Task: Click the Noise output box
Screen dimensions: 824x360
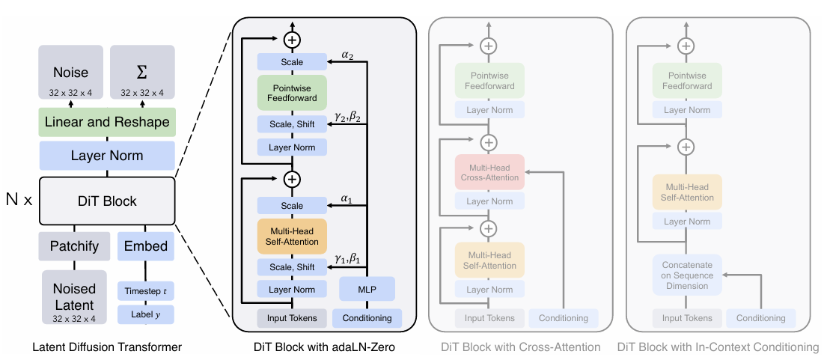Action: tap(71, 72)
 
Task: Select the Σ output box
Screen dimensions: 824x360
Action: tap(142, 72)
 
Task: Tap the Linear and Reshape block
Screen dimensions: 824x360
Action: tap(107, 123)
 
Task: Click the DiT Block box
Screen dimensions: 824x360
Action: tap(107, 201)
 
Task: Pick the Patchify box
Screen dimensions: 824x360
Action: tap(74, 246)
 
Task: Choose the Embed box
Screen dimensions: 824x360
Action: tap(146, 246)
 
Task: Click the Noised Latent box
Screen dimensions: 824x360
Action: tap(74, 296)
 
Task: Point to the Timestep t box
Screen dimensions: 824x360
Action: tap(146, 291)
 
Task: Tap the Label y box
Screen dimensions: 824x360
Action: tap(146, 314)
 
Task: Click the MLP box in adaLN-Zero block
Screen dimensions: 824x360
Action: tap(367, 289)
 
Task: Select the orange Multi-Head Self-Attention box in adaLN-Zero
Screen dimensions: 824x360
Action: tap(292, 236)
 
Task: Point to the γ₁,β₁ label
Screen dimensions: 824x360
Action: tap(348, 258)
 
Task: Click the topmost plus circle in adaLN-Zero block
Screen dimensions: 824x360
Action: tap(292, 39)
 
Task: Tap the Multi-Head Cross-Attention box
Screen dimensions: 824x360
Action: tap(489, 171)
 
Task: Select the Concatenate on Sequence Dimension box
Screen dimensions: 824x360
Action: tap(687, 275)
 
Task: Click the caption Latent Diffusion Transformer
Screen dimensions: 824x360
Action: tap(107, 347)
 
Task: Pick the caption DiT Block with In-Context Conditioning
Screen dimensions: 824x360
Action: tap(718, 347)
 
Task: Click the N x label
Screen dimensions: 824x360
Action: tap(19, 201)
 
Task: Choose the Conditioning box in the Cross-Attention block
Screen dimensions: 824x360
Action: tap(564, 318)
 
